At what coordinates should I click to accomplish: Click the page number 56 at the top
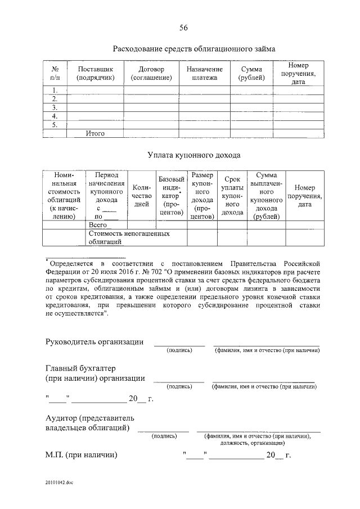tap(183, 28)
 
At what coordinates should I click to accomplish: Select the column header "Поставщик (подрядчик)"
tap(94, 73)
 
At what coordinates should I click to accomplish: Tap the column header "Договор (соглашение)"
tap(150, 73)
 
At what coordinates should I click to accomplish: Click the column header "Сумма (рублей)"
tap(251, 73)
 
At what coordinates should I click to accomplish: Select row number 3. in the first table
tap(55, 107)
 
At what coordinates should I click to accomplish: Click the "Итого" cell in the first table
tap(95, 133)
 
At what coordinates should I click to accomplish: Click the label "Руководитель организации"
tap(94, 343)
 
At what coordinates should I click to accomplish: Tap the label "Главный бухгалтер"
tap(80, 368)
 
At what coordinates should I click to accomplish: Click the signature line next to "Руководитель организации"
tap(179, 344)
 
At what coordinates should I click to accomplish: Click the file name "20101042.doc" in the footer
tap(60, 482)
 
